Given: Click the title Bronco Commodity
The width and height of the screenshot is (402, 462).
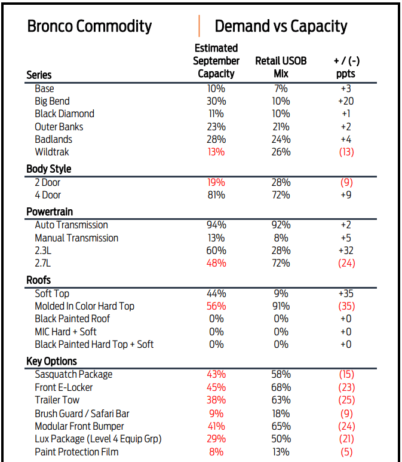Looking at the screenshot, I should coord(90,26).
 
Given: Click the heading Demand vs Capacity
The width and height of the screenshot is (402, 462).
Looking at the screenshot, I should coord(281,26).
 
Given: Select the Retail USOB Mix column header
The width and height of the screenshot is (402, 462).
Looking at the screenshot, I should coord(281,68).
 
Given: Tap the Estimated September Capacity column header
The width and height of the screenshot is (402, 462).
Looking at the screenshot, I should coord(216,61).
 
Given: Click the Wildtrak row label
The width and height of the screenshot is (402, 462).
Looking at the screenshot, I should coord(52,152).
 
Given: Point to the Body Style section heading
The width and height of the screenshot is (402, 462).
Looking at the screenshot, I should coord(49,169).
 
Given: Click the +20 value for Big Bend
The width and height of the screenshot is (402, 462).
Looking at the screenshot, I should coord(346,101).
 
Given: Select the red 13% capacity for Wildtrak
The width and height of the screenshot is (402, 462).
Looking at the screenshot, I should coord(216,152).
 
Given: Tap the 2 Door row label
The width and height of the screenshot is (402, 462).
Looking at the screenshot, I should coord(47,182).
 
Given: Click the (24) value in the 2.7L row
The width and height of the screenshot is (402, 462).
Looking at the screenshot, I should coord(346,263).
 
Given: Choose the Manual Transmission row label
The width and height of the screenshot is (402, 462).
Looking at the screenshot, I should coord(76,238).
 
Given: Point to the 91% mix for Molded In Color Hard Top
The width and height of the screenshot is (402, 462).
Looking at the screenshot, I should coord(281,306).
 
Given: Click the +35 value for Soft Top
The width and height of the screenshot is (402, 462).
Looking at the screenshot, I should coord(346,293).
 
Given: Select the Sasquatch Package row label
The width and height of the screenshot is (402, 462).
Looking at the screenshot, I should coord(73,374).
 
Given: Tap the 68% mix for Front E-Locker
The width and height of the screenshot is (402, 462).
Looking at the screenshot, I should coord(281,387).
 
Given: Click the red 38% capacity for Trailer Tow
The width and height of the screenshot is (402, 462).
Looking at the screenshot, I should coord(216,400).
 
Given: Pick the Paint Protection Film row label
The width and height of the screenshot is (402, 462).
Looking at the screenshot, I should coord(76,452).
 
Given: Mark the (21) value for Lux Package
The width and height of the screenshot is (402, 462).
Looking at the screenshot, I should coord(346,439).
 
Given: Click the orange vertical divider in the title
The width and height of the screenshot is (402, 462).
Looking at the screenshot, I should coord(199,26).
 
